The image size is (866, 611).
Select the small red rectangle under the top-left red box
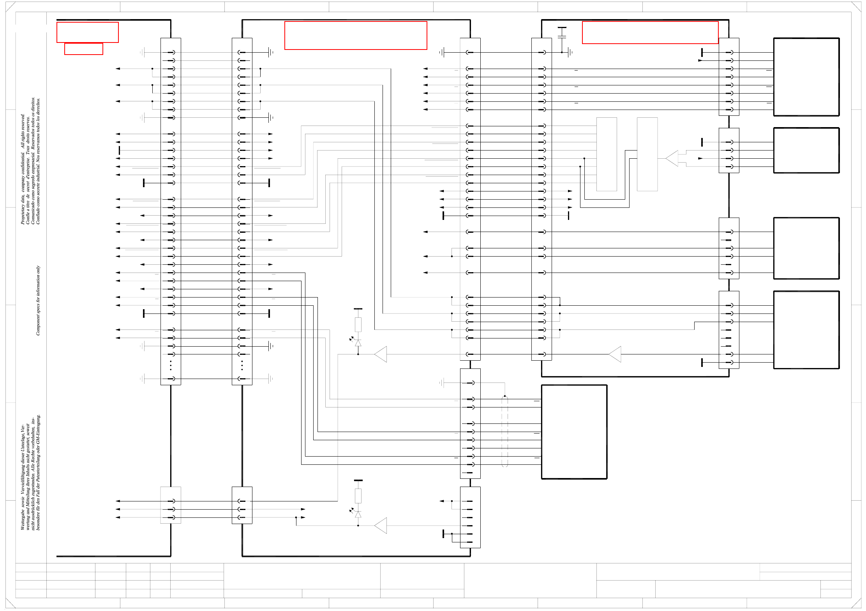83,49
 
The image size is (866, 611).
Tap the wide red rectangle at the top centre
356,35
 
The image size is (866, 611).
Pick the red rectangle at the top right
650,32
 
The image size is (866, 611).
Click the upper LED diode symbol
358,343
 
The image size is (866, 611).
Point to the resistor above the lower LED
358,496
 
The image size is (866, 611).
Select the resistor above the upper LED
358,324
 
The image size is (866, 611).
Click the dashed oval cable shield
504,431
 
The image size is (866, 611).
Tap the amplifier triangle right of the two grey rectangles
672,158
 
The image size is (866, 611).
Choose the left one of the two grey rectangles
607,154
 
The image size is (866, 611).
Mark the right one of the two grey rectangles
647,154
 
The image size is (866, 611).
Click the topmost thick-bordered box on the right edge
806,77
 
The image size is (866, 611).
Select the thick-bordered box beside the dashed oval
574,432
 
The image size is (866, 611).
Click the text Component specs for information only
38,300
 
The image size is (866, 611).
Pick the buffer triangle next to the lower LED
381,525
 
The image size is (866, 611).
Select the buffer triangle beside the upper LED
381,354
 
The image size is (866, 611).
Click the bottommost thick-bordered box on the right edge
806,329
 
